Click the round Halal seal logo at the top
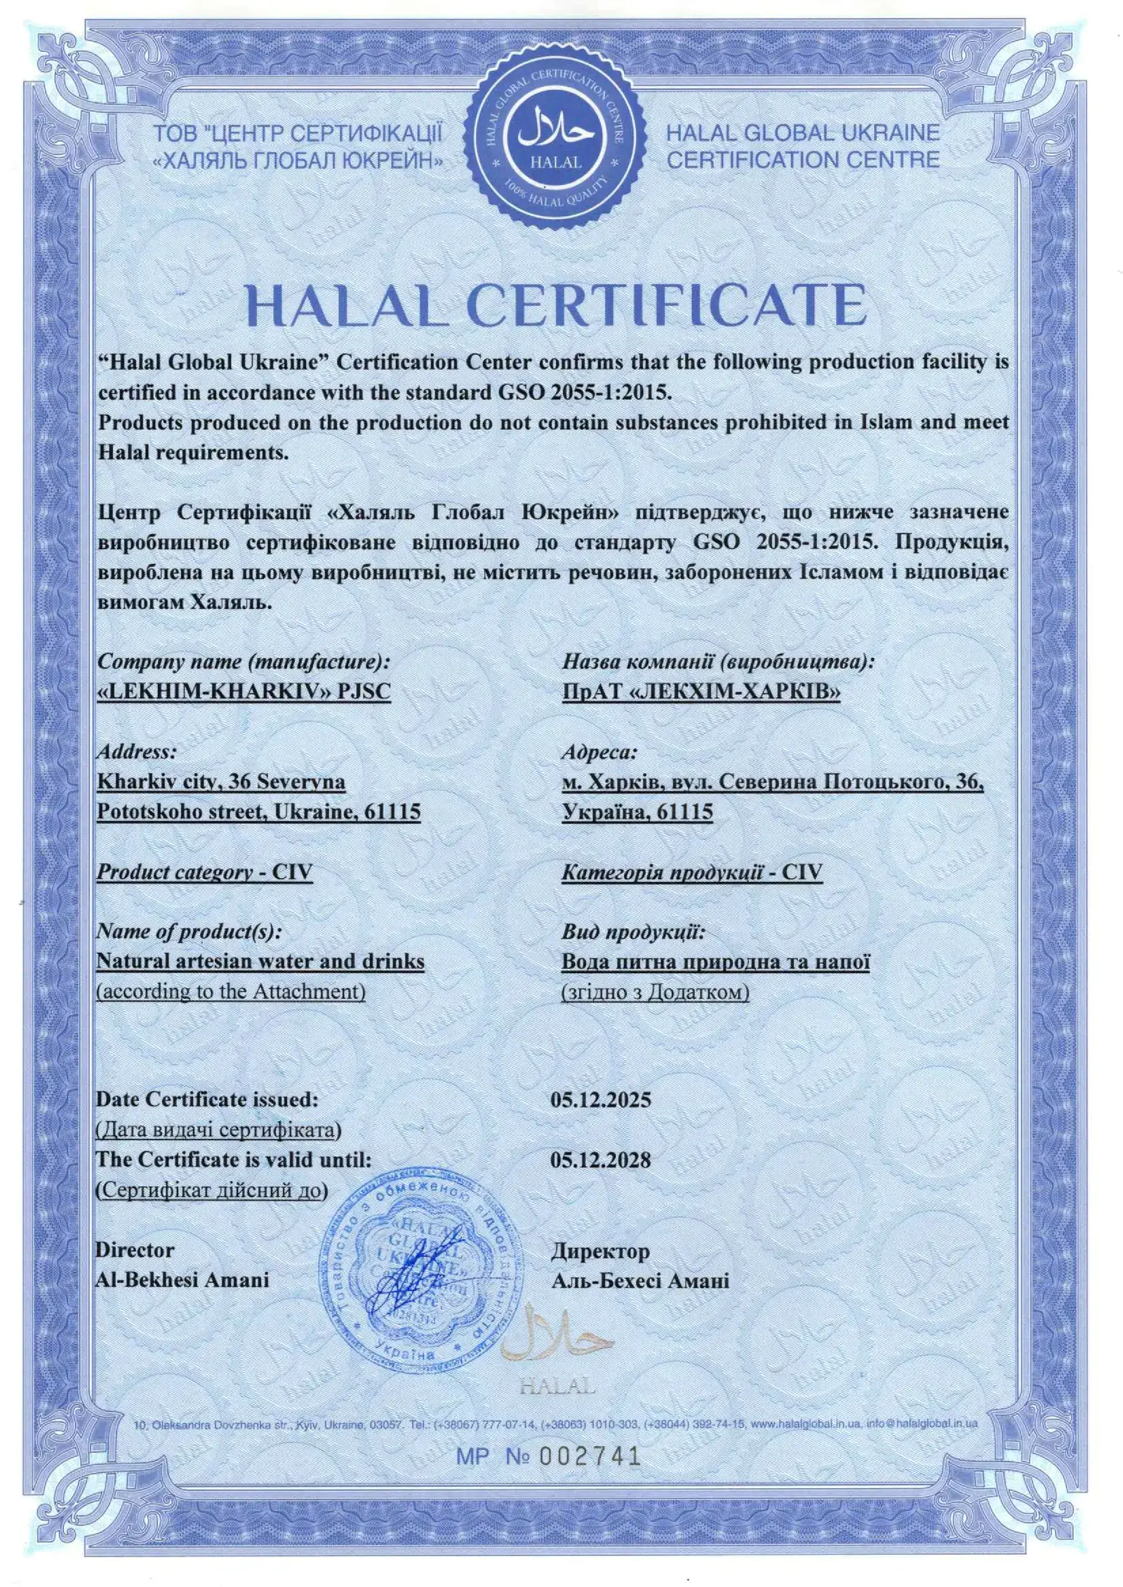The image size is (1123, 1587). coord(557,140)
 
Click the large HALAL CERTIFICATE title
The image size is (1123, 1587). coord(557,304)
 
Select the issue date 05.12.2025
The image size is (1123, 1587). coord(601,1099)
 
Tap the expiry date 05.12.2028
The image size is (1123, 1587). coord(601,1159)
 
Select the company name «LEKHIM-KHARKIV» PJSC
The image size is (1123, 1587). coord(244,691)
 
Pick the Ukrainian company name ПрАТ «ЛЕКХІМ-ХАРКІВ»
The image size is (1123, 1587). coord(701,692)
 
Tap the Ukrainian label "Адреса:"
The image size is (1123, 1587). coord(599,752)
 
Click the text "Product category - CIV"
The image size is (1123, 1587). coord(204,872)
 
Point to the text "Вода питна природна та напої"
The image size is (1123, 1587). coord(716,961)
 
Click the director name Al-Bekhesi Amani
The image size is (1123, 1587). coord(182,1280)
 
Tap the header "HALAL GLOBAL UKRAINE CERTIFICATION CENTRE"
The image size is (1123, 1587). coord(802,146)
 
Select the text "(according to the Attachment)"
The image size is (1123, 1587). coord(231,991)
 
